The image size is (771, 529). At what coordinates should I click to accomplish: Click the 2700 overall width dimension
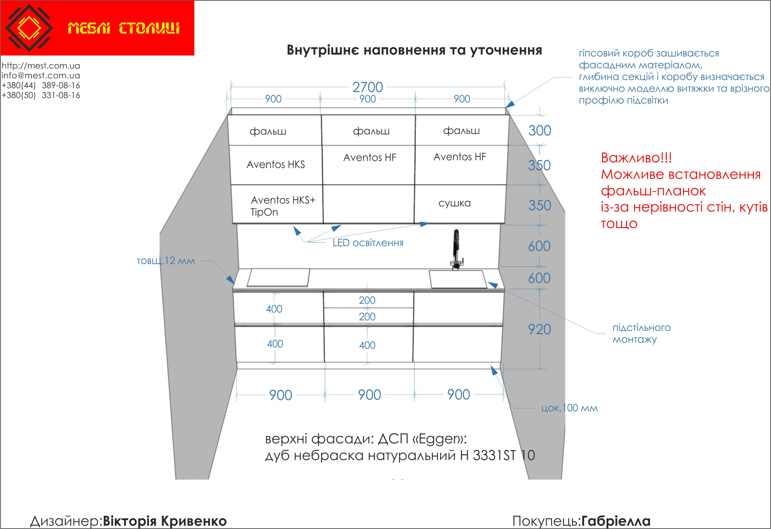(368, 87)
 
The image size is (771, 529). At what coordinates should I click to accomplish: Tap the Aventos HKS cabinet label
(275, 164)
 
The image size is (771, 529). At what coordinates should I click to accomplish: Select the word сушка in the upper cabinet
(454, 203)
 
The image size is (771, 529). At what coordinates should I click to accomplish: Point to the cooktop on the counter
(279, 278)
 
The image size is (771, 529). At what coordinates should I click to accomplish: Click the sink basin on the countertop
(458, 279)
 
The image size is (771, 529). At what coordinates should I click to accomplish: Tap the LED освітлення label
(368, 243)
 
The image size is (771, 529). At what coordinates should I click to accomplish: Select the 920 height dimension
(539, 330)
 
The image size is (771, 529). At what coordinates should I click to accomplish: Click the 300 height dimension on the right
(540, 131)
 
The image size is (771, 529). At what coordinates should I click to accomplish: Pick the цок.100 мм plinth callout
(569, 408)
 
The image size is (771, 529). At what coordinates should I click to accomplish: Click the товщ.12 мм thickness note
(166, 261)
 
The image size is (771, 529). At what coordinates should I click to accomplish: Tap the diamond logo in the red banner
(29, 28)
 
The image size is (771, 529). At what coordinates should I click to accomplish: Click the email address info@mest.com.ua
(41, 76)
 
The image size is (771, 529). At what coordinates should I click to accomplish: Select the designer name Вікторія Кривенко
(165, 521)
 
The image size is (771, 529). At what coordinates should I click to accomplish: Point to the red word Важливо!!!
(636, 158)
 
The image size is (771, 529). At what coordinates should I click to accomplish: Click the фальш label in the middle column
(371, 131)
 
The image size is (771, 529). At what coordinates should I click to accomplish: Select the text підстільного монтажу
(641, 333)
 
